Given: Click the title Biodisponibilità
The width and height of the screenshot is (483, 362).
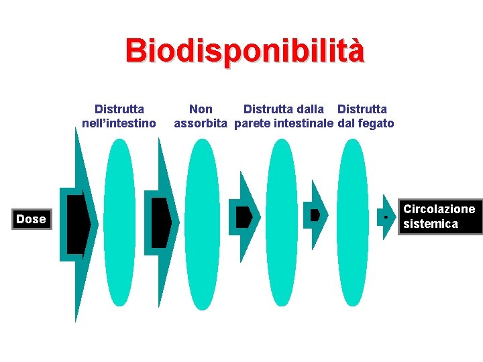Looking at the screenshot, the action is coord(245,50).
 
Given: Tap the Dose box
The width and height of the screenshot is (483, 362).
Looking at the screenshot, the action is coord(31,219).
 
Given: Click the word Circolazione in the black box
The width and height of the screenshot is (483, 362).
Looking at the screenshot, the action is coord(439,209).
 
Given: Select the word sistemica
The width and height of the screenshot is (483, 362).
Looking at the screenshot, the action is coord(430,225).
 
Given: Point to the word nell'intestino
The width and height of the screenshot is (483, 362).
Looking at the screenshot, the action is coord(119,123).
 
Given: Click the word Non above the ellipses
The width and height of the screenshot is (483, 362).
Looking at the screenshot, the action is coord(201,109).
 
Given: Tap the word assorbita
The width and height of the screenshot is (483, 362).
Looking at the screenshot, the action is coord(201,123).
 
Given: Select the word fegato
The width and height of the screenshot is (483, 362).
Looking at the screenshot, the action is coord(376,123).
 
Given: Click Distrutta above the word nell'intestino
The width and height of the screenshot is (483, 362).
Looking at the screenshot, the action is coord(119,109).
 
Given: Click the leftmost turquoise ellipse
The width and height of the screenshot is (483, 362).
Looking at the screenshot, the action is coord(119,218).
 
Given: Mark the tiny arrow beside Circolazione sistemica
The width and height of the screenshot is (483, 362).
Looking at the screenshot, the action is coord(386,217).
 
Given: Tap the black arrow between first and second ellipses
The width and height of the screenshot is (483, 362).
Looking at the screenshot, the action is coord(160,223).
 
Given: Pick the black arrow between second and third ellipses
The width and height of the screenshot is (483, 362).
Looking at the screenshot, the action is coord(244,217).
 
